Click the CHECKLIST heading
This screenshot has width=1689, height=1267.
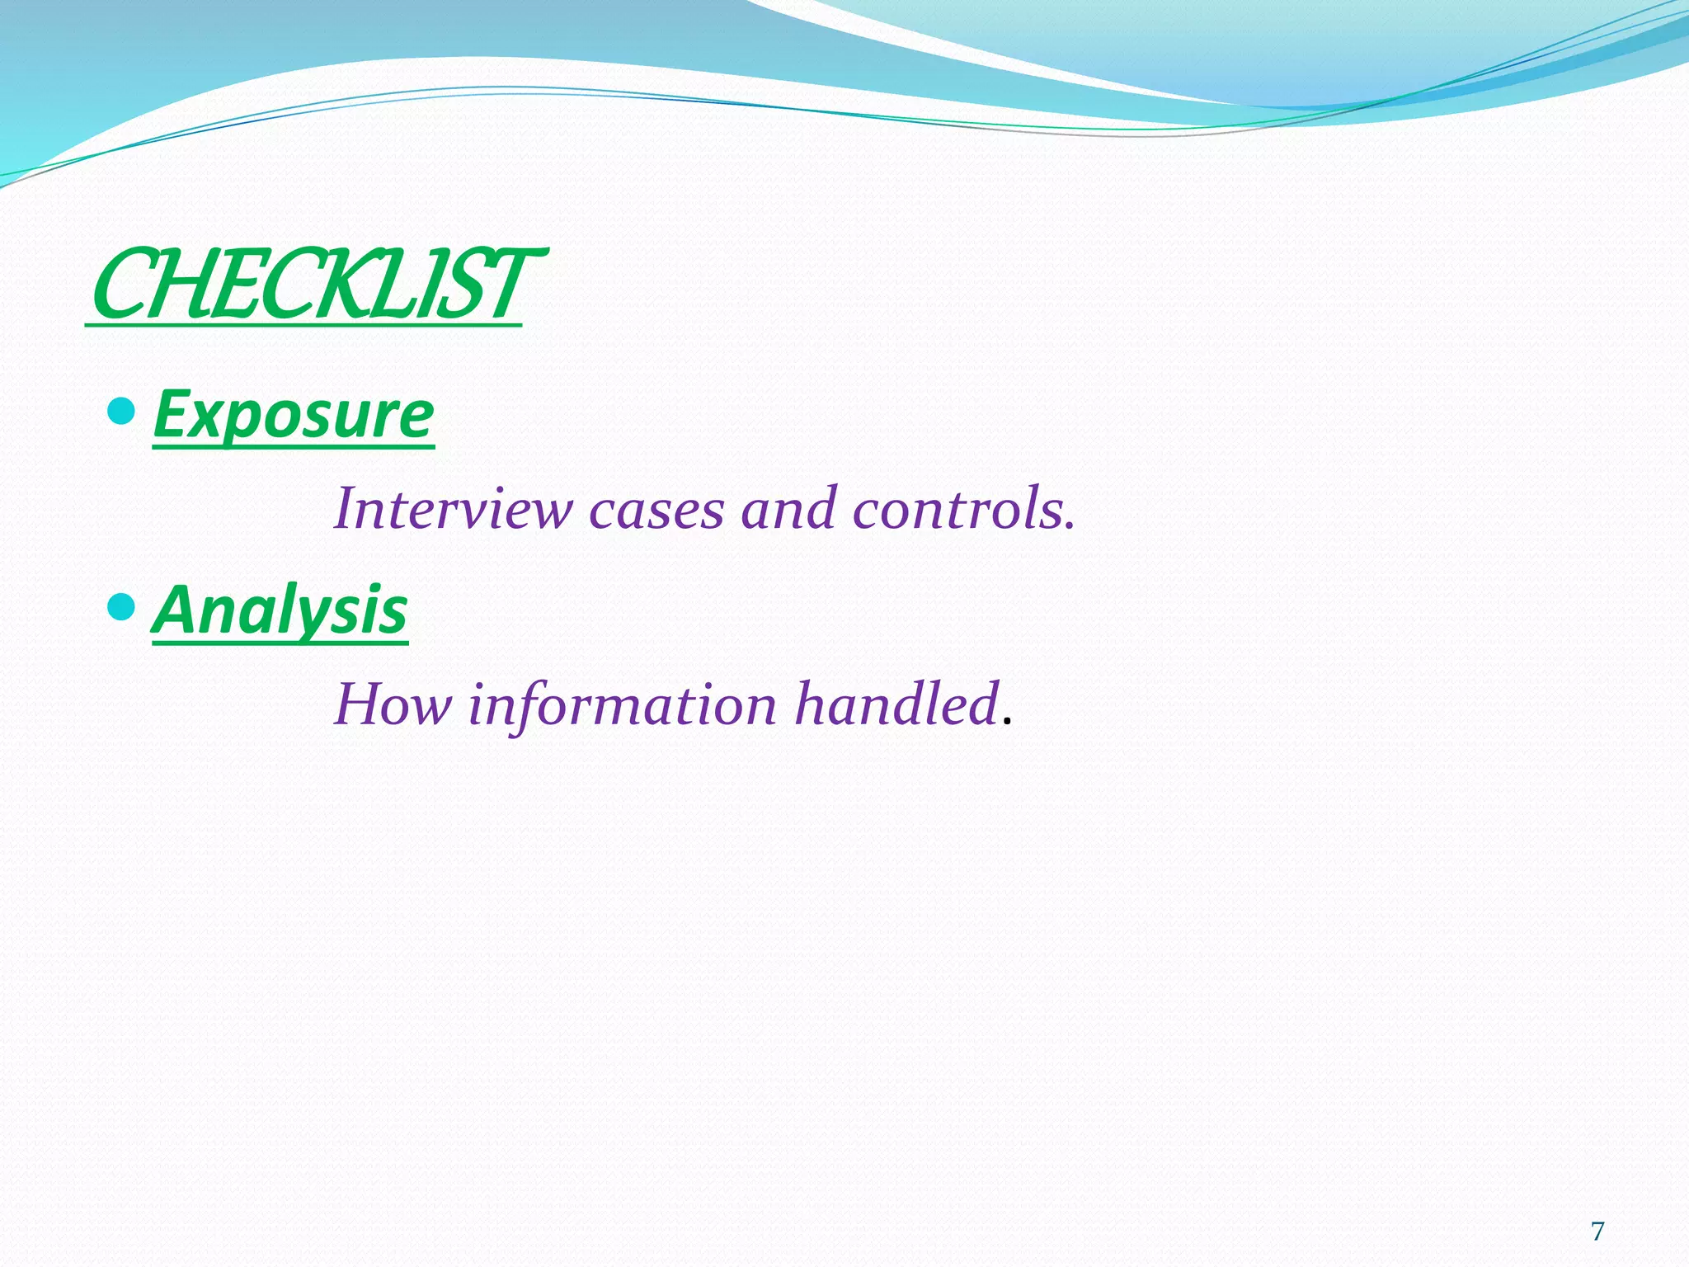click(x=313, y=285)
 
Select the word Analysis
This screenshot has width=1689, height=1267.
click(x=280, y=610)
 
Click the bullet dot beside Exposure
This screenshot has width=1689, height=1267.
click(x=121, y=410)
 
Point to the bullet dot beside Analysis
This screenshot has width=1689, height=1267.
click(x=121, y=607)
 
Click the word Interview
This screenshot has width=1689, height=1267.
click(x=453, y=509)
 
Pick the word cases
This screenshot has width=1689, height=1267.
click(x=656, y=509)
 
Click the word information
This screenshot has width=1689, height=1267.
click(x=623, y=705)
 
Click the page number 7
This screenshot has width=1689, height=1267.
click(x=1597, y=1232)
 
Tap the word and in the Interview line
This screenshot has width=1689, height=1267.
click(x=788, y=509)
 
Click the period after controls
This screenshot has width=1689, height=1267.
click(x=1070, y=526)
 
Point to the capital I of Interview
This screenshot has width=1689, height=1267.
click(x=346, y=509)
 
